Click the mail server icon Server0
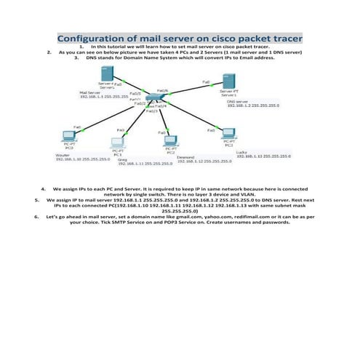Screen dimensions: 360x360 coord(107,75)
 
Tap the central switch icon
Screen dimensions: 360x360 coord(153,98)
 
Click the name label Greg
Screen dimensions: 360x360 coord(121,159)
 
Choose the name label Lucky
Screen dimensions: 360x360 coord(242,151)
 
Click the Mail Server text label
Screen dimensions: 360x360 coord(89,93)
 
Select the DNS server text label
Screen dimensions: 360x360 coord(238,101)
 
